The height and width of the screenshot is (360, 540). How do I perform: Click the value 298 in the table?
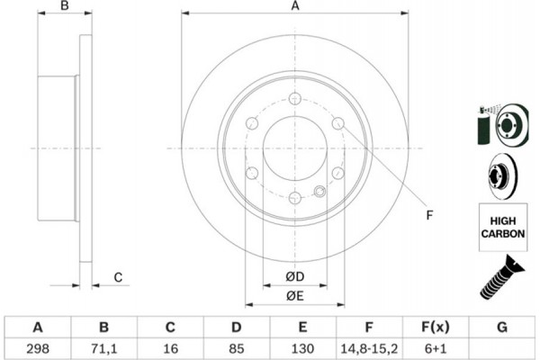38,348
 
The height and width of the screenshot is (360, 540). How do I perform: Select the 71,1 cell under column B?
104,348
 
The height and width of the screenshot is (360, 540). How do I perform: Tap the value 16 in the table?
170,348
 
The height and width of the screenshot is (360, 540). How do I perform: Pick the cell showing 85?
236,348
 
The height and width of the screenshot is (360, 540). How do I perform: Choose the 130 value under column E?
302,348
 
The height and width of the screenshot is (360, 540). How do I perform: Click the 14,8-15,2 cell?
369,348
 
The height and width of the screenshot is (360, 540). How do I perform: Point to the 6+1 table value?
436,348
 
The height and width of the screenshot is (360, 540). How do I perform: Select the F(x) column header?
436,327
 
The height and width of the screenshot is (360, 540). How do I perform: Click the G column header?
502,327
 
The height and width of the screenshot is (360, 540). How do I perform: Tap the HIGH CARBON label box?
503,228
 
